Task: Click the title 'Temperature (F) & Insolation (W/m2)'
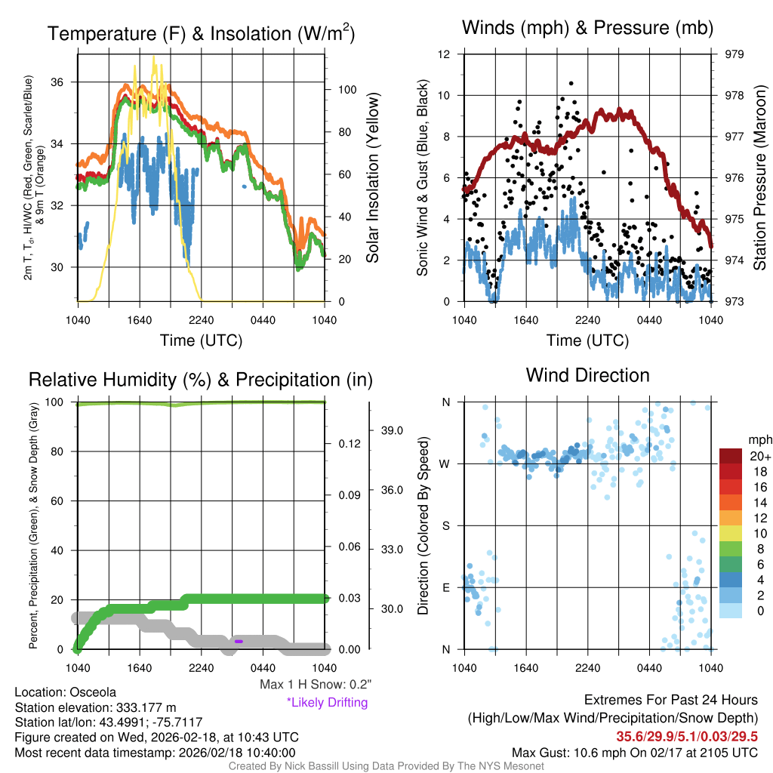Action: point(201,33)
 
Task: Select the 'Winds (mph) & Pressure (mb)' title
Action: point(587,28)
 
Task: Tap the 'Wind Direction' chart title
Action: point(587,375)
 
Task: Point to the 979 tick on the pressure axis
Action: point(735,54)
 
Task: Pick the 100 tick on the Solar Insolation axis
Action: point(347,89)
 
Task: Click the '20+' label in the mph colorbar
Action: point(759,457)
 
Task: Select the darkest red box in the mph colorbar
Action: point(732,457)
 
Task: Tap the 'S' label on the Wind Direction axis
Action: point(445,525)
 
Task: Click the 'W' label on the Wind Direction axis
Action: point(445,463)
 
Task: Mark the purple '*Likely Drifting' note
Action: point(327,703)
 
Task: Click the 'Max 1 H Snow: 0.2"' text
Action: point(315,685)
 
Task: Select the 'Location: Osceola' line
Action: point(65,692)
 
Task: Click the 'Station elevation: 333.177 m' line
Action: point(95,707)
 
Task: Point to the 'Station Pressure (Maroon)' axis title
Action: point(760,178)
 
